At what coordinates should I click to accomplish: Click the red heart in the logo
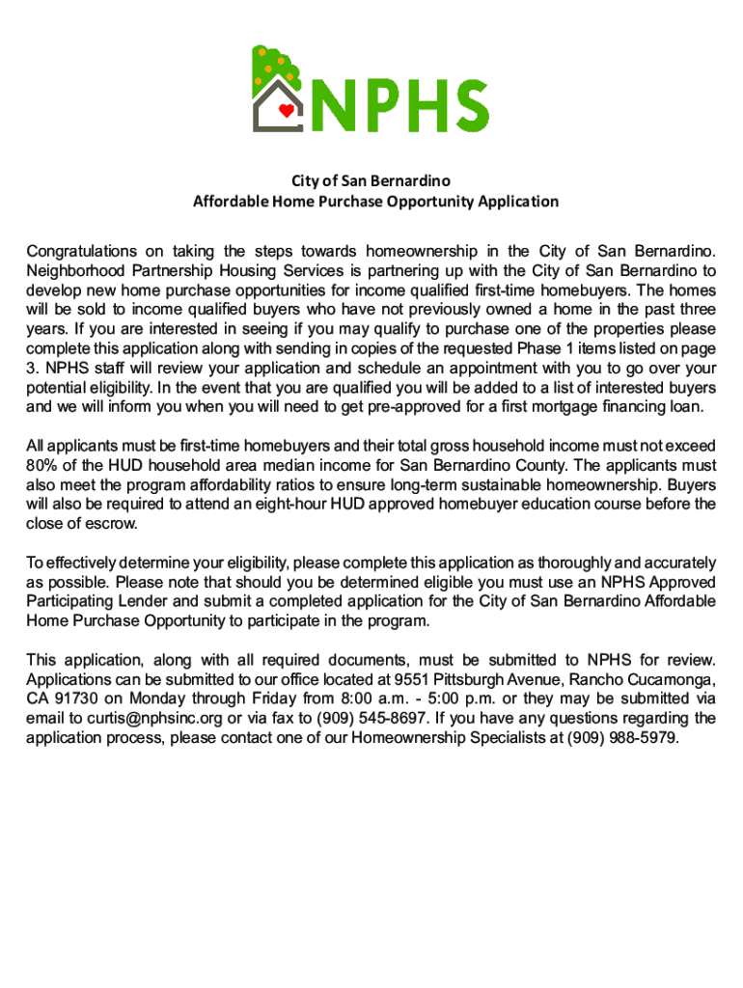[x=285, y=110]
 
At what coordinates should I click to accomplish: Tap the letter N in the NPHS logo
[x=337, y=105]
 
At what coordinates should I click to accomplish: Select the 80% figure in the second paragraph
[x=41, y=465]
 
